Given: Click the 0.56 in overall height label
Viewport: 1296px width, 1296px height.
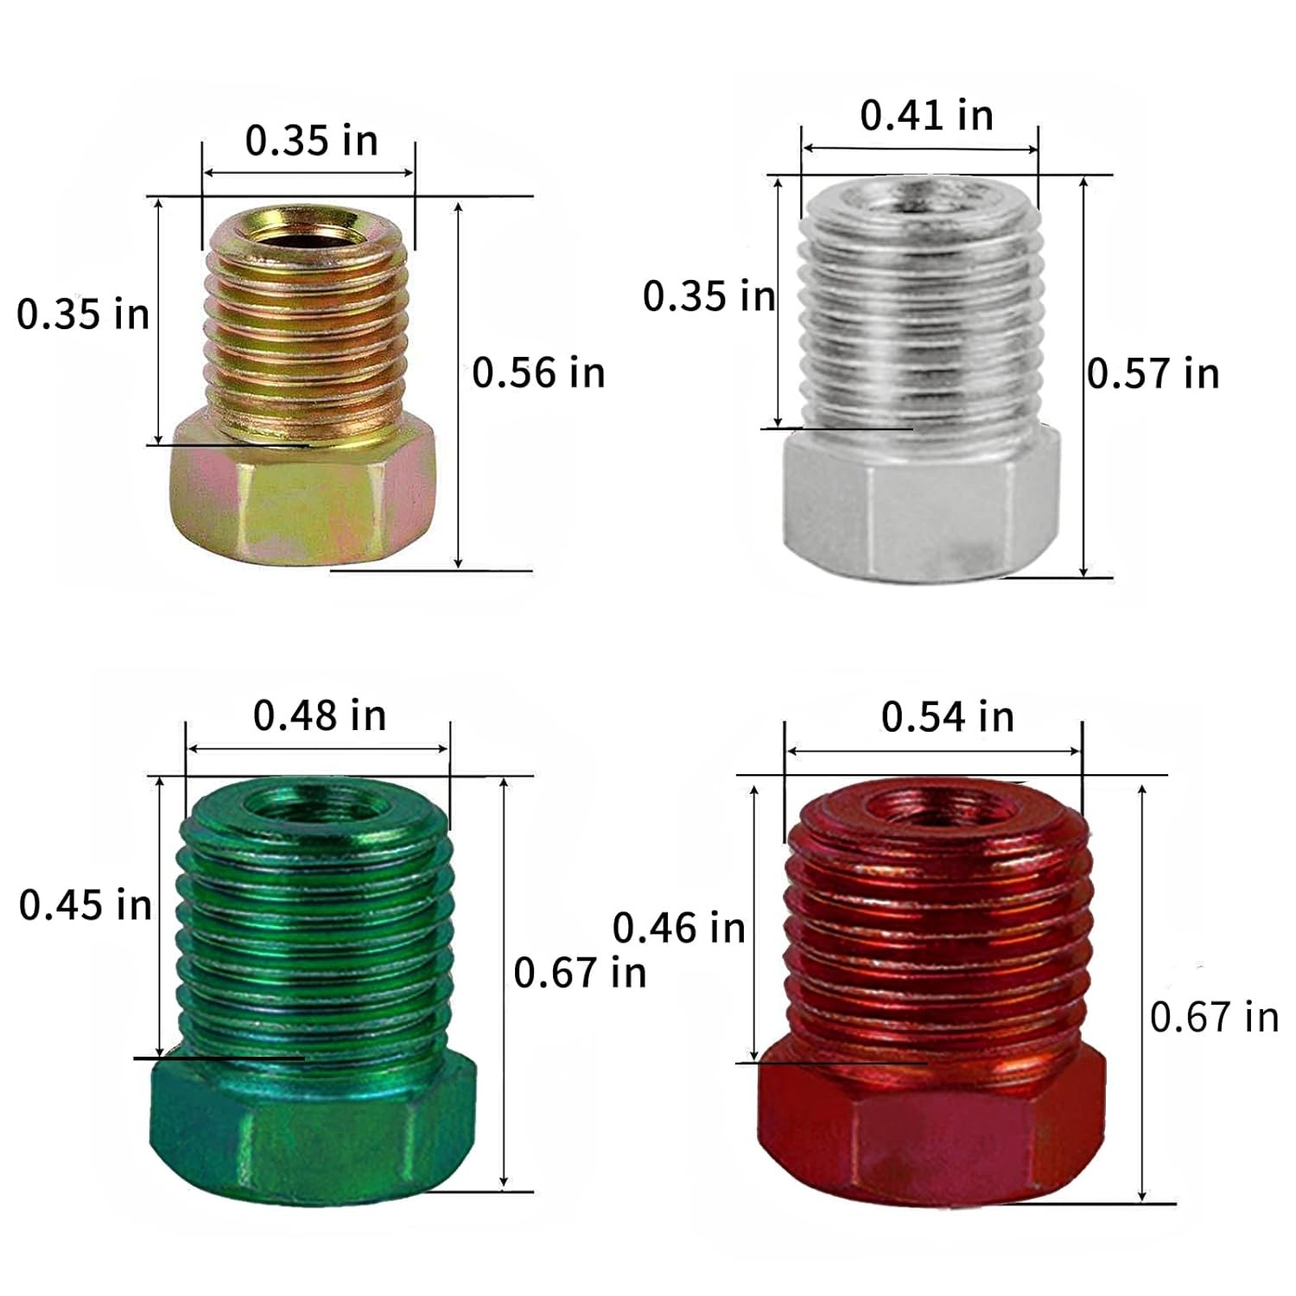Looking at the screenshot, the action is click(538, 372).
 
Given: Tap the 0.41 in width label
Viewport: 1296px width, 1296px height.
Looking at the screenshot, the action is click(926, 115).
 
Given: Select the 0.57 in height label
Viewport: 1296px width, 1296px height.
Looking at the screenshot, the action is click(1153, 373).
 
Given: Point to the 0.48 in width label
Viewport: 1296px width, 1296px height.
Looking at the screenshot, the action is click(320, 715).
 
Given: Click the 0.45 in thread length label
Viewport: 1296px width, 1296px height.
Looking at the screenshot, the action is click(86, 905).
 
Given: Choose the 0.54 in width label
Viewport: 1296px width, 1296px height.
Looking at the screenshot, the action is click(948, 717).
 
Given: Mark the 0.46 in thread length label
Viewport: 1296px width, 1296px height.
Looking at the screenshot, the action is click(679, 928).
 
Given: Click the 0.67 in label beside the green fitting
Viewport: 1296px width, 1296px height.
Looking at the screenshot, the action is click(580, 973).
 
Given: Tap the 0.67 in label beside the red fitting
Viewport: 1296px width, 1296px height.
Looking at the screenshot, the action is click(1215, 1017).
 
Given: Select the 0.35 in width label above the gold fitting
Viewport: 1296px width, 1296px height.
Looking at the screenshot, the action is click(312, 141).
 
